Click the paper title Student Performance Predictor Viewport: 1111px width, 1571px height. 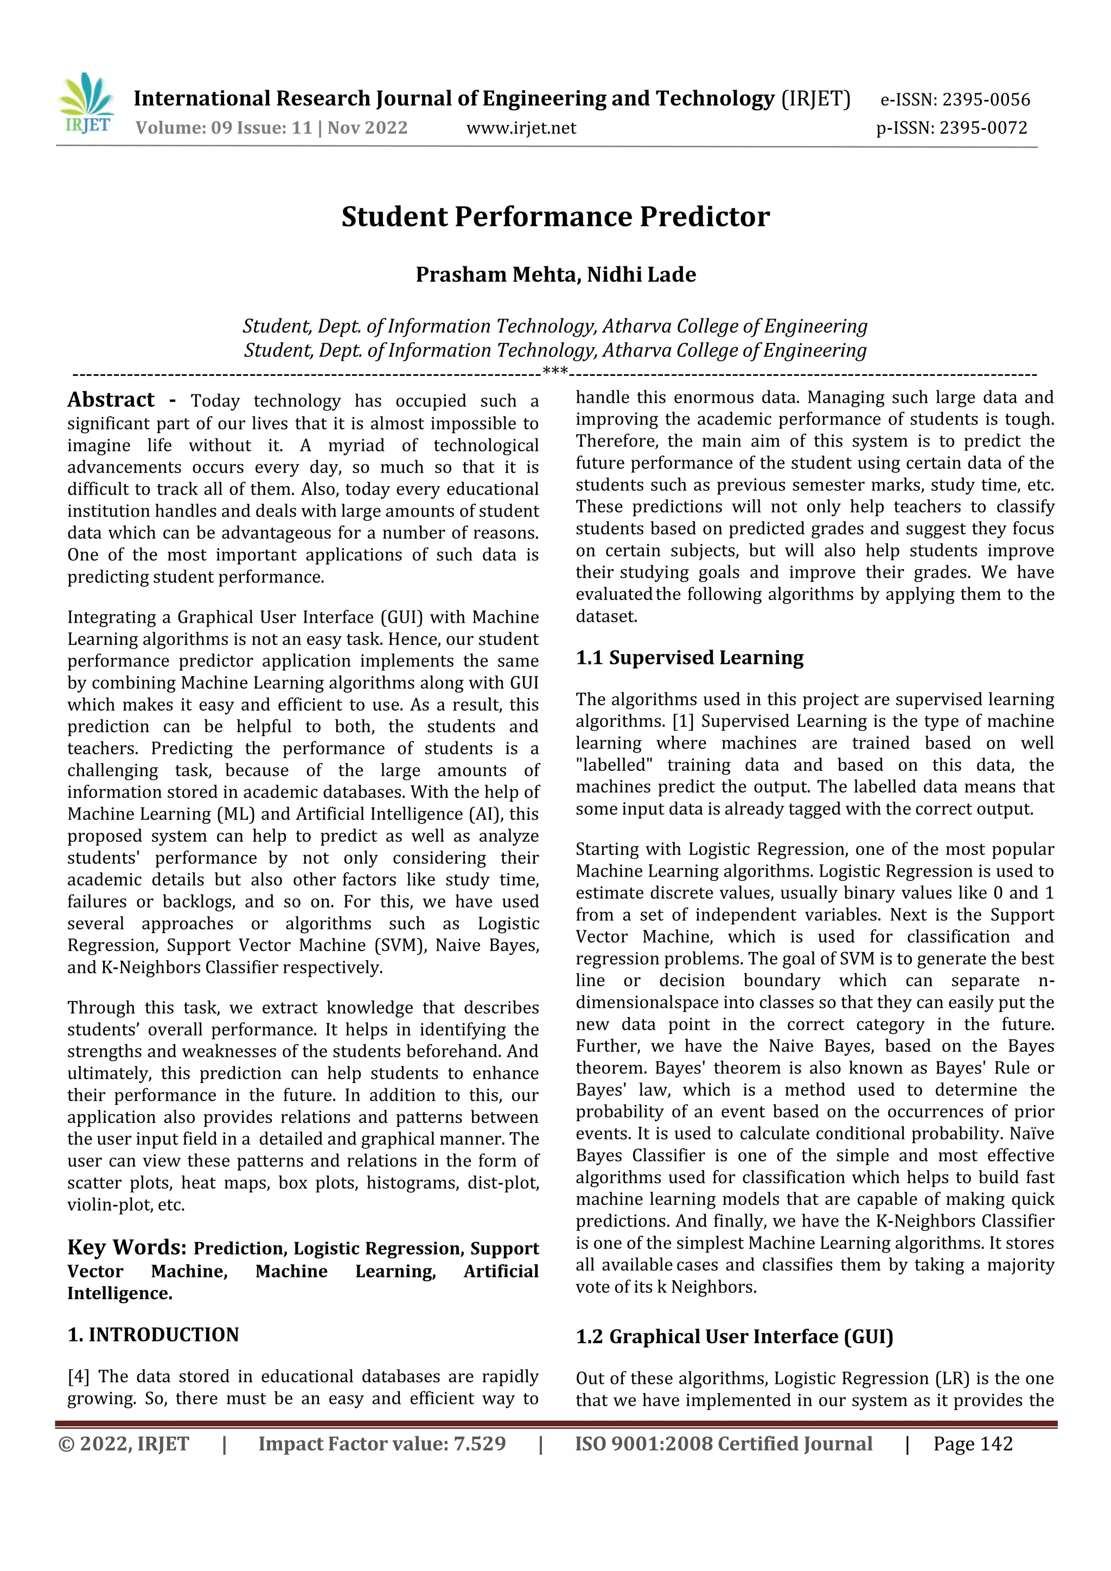tap(555, 216)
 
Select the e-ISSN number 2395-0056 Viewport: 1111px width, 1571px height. tap(986, 100)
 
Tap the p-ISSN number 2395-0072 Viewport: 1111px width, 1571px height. tap(983, 128)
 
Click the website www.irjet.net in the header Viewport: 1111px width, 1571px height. tap(521, 128)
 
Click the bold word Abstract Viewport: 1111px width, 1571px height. tap(111, 400)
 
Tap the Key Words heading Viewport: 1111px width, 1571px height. tap(126, 1247)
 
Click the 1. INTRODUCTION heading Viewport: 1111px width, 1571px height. tap(153, 1335)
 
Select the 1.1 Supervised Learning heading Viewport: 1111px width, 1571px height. tap(689, 657)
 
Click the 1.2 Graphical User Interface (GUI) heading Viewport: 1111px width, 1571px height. tap(734, 1336)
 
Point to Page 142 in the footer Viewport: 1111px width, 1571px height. tap(972, 1444)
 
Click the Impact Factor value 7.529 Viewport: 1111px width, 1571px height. tap(480, 1444)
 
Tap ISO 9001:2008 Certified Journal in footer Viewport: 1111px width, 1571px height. tap(723, 1444)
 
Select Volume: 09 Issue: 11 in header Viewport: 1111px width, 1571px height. tap(224, 128)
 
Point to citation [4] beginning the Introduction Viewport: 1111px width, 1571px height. tap(79, 1376)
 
